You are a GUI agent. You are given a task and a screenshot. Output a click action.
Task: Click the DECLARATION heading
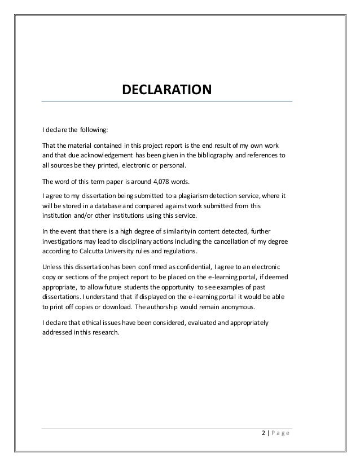coord(167,90)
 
